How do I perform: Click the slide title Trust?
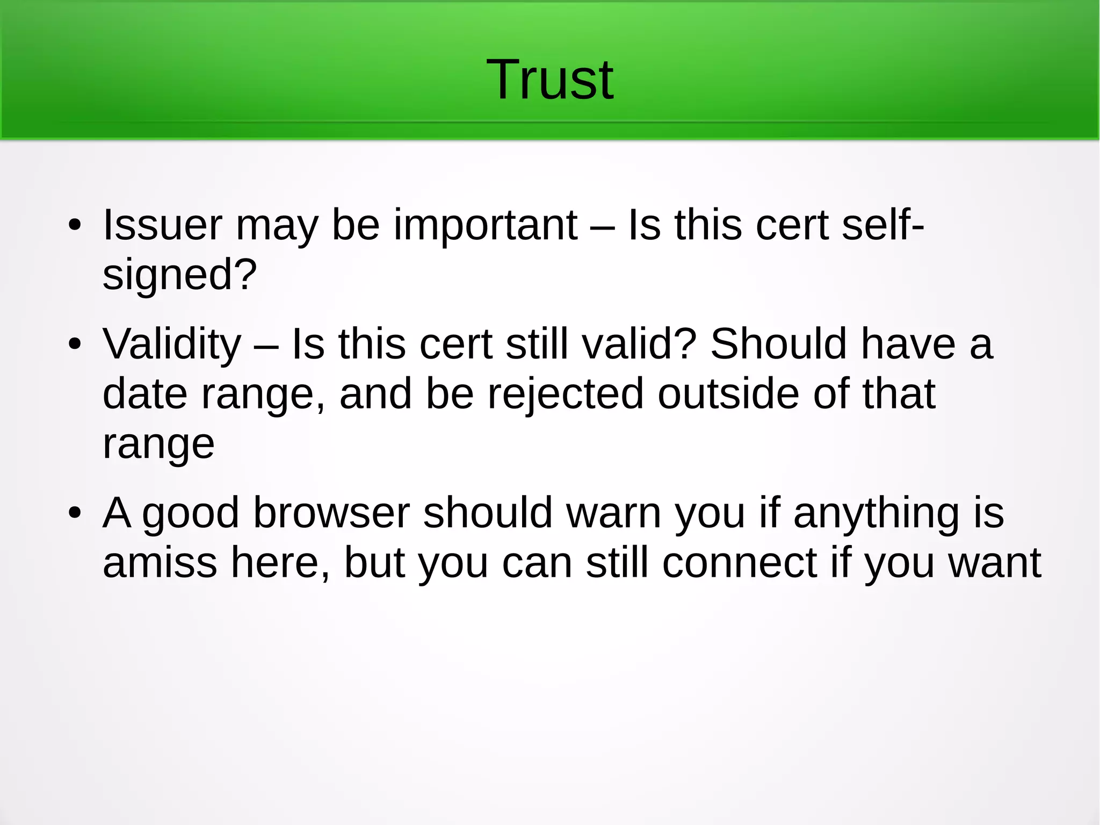point(549,80)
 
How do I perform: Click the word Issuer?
point(162,225)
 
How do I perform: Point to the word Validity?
point(172,345)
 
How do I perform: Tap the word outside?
point(728,394)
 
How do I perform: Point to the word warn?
point(614,513)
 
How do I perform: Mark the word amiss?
point(160,563)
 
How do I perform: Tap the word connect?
point(740,563)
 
